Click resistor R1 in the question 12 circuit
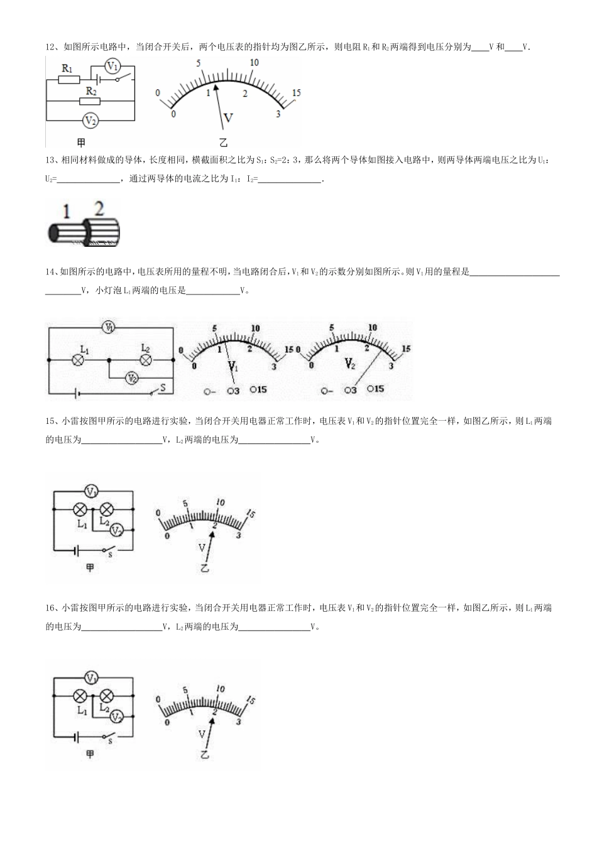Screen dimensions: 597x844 [x=69, y=80]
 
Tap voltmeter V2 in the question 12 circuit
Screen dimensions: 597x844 [x=90, y=120]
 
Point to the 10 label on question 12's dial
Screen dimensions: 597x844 [x=254, y=62]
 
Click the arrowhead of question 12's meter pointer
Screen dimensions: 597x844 [x=216, y=88]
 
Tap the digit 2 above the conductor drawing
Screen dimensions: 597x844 [x=99, y=207]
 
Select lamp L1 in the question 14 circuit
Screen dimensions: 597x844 [x=79, y=360]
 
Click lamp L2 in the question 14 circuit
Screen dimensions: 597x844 [x=146, y=360]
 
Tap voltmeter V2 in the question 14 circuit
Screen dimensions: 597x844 [x=131, y=378]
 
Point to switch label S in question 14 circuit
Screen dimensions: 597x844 [x=163, y=387]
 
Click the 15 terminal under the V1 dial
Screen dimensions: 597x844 [x=258, y=389]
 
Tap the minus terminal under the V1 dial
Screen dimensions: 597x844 [x=210, y=391]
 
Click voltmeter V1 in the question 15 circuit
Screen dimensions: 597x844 [x=92, y=491]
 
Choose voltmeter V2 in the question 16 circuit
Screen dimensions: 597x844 [x=116, y=717]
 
